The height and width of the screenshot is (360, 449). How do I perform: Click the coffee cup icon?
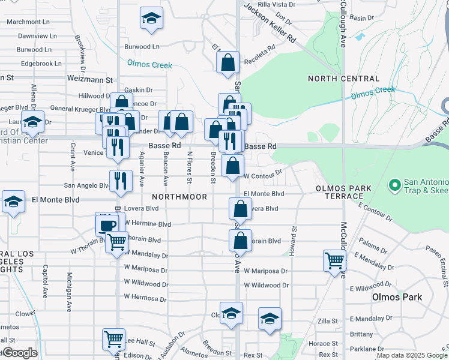[x=107, y=226]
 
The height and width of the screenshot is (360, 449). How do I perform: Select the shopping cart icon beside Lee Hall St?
[x=113, y=338]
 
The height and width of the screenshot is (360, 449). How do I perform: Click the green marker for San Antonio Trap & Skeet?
[x=395, y=184]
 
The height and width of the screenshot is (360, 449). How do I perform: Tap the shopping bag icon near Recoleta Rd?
[x=228, y=62]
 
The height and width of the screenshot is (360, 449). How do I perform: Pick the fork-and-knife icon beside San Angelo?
[x=121, y=181]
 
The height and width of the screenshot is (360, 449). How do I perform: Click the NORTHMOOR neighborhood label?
[x=179, y=197]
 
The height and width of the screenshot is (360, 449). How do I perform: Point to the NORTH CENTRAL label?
[x=343, y=79]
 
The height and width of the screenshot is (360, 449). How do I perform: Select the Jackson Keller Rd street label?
[x=270, y=22]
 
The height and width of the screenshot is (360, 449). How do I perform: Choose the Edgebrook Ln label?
[x=41, y=63]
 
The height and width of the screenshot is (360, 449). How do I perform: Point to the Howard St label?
[x=294, y=241]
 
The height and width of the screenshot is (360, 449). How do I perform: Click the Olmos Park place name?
[x=397, y=297]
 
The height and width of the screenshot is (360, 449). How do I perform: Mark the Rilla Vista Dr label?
[x=276, y=4]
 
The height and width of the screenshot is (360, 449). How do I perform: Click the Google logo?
[x=20, y=353]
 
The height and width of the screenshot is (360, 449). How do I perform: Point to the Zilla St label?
[x=328, y=322]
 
